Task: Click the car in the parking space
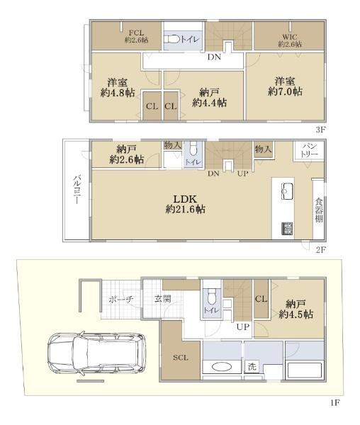click(97, 353)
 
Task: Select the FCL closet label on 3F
click(136, 33)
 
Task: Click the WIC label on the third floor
click(290, 37)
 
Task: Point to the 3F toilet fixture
click(172, 40)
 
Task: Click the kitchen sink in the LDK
click(287, 191)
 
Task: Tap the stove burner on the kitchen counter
click(287, 228)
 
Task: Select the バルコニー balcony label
click(77, 190)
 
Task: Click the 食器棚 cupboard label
click(319, 210)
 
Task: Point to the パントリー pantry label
click(309, 150)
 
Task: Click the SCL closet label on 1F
click(181, 358)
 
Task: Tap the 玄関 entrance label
click(163, 299)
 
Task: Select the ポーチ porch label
click(121, 300)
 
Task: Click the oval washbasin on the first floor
click(222, 367)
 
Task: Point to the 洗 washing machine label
click(252, 367)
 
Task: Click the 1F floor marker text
click(335, 403)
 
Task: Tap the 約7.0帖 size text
click(285, 91)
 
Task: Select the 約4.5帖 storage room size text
click(296, 314)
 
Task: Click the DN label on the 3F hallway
click(214, 57)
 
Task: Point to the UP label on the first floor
click(242, 327)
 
